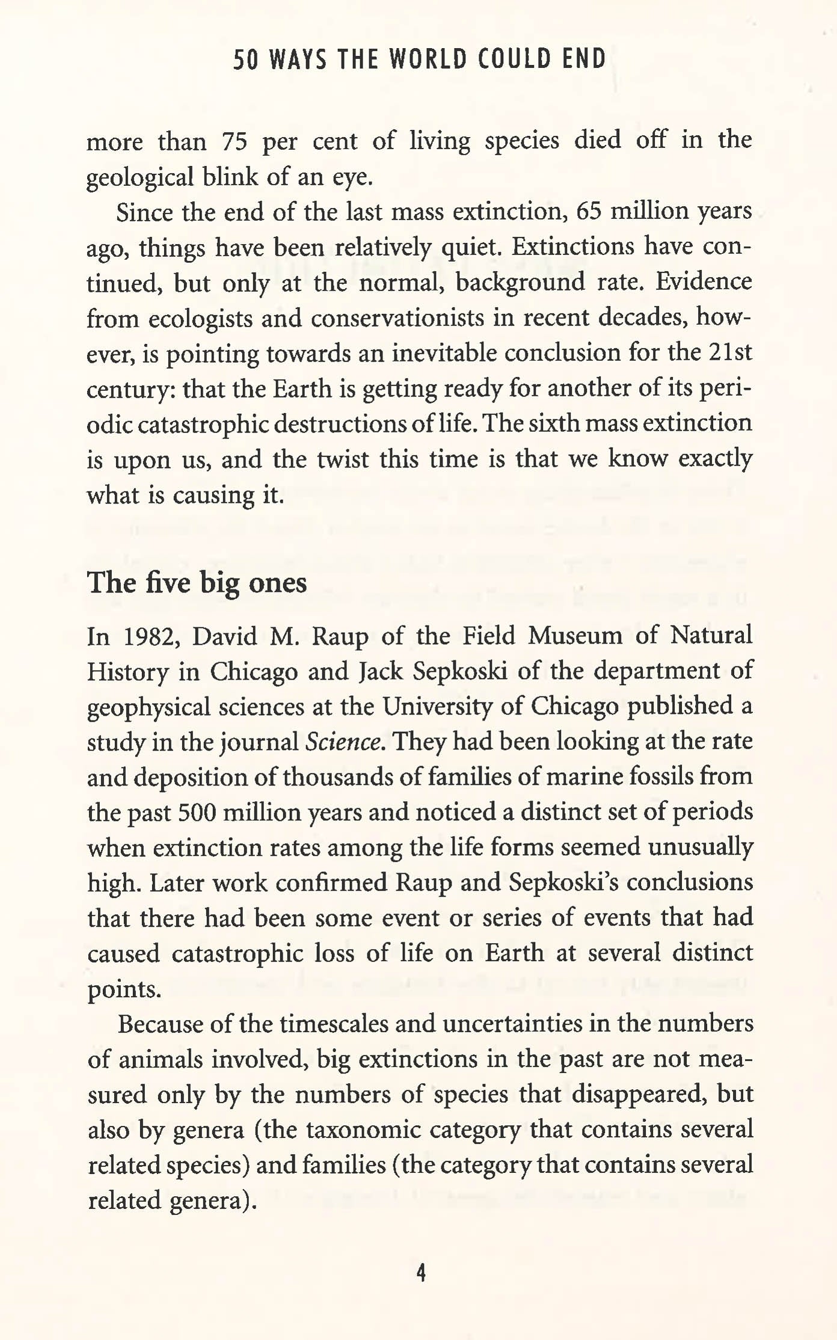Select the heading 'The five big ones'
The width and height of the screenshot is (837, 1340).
197,582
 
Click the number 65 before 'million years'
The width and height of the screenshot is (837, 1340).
590,212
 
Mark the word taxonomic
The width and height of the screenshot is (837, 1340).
363,1130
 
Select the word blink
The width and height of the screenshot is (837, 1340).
250,177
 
